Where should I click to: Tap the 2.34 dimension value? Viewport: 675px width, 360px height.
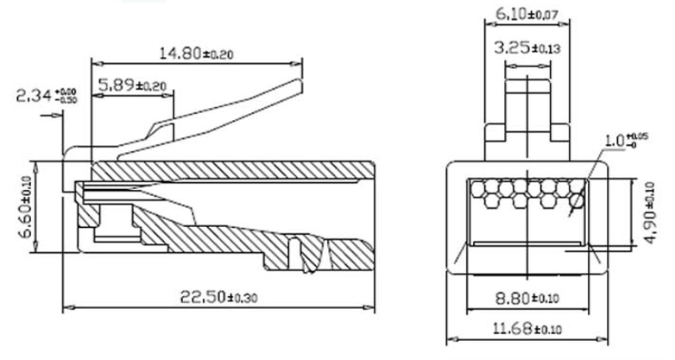[x=34, y=95]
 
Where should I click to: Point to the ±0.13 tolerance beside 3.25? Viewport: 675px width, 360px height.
[x=546, y=49]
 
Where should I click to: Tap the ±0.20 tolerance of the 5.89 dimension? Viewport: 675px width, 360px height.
[x=152, y=86]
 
